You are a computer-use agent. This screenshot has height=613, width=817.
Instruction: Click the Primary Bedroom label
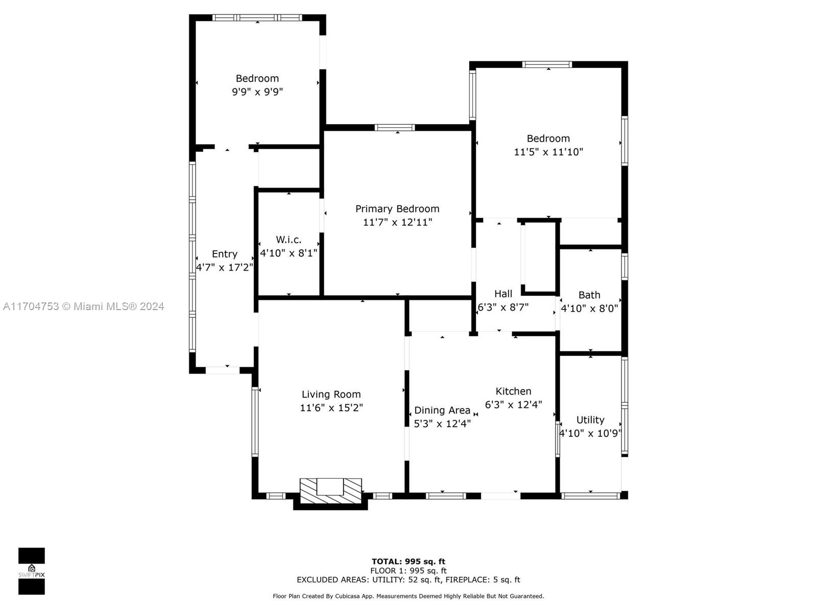(397, 209)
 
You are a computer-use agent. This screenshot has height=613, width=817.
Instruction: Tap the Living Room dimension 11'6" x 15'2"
(331, 408)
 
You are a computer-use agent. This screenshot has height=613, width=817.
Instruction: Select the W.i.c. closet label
(289, 240)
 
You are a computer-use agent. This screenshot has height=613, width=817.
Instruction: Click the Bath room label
(589, 295)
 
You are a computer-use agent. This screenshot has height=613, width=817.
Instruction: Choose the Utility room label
(590, 420)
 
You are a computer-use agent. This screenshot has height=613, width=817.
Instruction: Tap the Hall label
(503, 294)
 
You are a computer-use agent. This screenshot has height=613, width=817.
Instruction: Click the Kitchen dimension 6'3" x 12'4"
(513, 405)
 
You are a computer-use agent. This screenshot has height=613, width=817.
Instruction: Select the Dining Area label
(442, 410)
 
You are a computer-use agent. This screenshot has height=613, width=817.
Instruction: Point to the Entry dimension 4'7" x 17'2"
(225, 268)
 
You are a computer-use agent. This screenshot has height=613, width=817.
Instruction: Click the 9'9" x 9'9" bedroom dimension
(257, 92)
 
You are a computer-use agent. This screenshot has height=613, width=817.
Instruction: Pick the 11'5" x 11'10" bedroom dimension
(548, 152)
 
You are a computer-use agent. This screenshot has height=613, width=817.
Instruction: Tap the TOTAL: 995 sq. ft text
(408, 561)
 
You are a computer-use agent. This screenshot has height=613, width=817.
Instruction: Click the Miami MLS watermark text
(83, 306)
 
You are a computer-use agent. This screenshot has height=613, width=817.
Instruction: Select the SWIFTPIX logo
(32, 571)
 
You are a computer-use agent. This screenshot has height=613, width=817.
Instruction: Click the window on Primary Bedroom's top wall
(395, 128)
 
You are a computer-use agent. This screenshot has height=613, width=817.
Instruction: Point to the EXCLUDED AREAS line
(408, 580)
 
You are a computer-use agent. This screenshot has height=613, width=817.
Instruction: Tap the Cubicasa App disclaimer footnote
(408, 596)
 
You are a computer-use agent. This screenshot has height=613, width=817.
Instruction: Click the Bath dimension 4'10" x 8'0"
(589, 309)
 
